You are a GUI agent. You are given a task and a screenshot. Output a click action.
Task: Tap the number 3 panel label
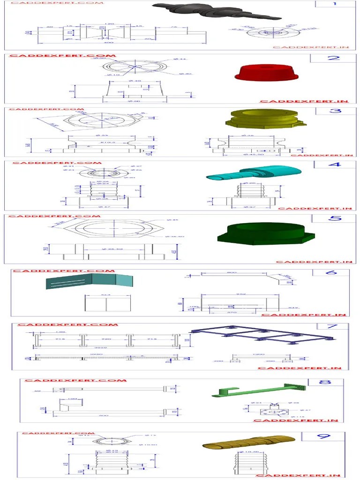coord(336,111)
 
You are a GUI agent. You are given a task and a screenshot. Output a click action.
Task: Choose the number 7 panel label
coord(332,326)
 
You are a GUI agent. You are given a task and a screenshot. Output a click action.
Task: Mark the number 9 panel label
coord(323,436)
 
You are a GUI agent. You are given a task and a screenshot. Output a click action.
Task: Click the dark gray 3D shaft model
coord(216,10)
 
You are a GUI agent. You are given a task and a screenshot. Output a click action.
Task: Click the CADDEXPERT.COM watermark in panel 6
coord(63,271)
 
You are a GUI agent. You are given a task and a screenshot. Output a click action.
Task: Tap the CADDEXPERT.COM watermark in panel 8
coord(75,380)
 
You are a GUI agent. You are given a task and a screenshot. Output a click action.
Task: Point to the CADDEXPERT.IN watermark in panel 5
coord(314,262)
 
